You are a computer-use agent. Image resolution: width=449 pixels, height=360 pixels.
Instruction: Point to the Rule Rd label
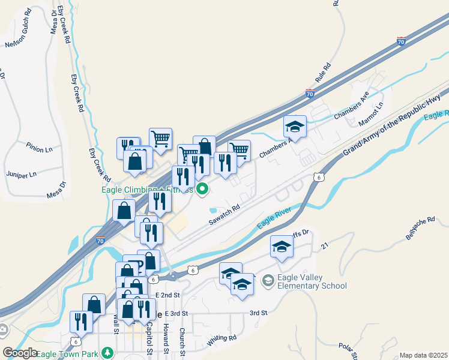coord(323,74)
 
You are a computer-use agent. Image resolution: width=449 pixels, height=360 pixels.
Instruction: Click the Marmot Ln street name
coord(370,113)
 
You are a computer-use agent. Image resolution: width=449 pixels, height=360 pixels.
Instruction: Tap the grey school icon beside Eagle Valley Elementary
coord(268,280)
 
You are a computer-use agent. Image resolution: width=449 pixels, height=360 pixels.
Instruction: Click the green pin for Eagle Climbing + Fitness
coord(203,190)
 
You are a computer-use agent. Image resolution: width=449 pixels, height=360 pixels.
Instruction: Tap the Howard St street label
coord(166,337)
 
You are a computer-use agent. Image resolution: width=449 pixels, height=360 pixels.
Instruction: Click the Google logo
coord(20,353)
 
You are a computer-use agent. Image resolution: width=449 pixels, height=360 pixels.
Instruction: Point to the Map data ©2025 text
coord(423,355)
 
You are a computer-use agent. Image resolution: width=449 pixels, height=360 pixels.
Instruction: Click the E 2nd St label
coord(167,295)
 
